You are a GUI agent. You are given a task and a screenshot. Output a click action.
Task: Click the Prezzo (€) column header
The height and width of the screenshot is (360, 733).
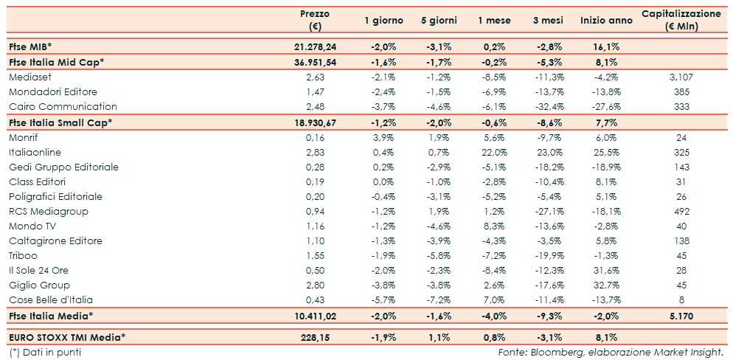tap(315, 21)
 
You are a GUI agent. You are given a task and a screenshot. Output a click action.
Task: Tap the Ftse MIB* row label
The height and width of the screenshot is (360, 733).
tap(30, 46)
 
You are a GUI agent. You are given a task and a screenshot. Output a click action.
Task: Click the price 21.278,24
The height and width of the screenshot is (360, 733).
tap(315, 46)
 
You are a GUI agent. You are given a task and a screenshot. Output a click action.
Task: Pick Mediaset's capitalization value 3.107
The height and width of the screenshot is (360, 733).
tap(681, 77)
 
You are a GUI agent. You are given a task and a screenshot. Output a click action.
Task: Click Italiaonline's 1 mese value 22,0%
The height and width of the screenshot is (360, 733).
tap(494, 152)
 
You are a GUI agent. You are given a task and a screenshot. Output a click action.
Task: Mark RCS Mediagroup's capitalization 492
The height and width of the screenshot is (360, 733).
tap(681, 211)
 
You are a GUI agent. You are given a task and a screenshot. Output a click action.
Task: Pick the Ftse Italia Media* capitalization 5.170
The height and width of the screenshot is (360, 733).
tap(681, 316)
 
